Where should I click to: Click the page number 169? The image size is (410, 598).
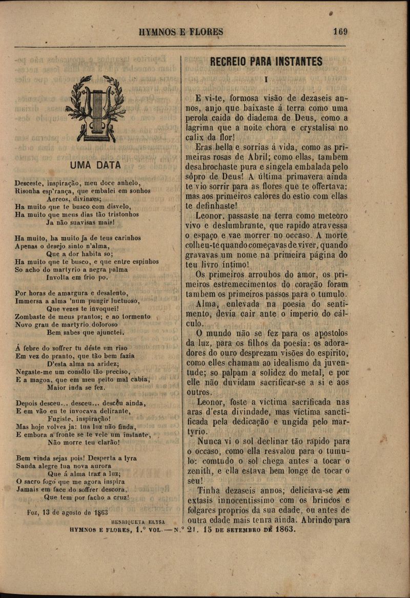[340, 31]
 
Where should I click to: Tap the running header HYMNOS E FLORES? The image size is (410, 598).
[177, 32]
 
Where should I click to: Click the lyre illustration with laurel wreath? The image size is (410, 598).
[96, 109]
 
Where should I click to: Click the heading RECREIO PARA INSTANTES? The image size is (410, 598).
[266, 62]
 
